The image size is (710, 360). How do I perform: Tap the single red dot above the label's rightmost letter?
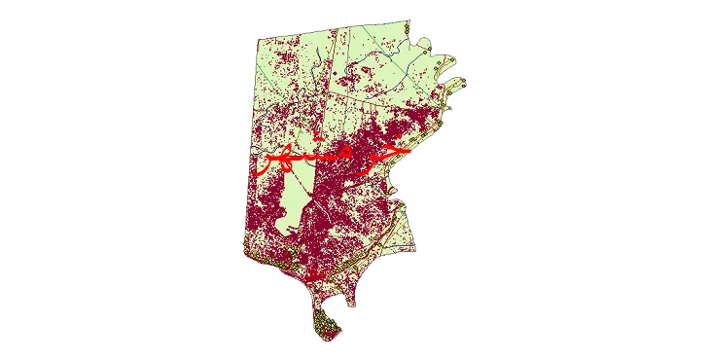(394, 138)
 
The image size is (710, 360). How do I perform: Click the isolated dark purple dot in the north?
(332, 73)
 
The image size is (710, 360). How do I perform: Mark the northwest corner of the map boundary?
(258, 40)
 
